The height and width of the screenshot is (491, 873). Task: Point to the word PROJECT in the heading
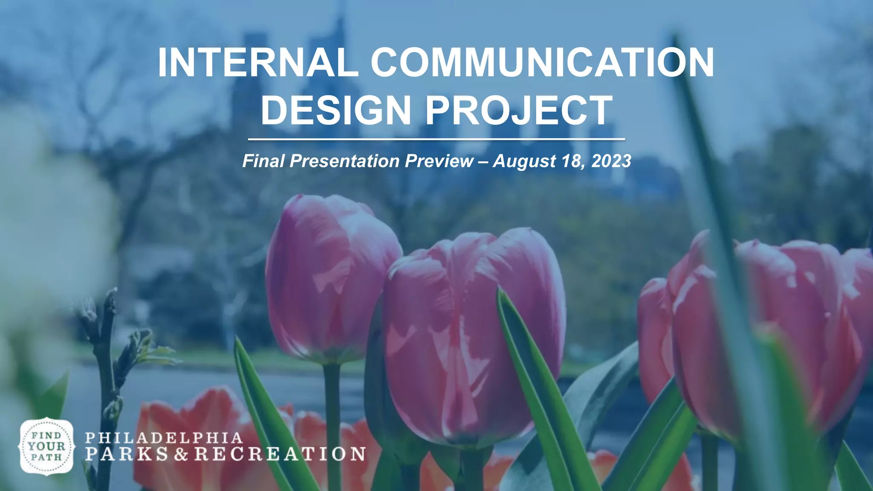[x=519, y=110]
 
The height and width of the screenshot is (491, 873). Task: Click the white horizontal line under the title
[x=436, y=139]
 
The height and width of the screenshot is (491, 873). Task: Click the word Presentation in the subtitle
[x=344, y=161]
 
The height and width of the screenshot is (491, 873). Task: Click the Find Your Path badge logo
[x=46, y=446]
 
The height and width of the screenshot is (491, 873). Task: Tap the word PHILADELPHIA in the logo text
[x=164, y=438]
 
